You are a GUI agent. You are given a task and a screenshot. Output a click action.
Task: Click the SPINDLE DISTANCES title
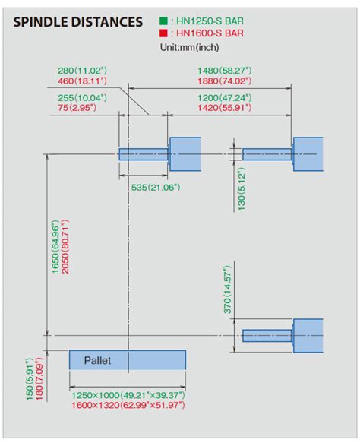(x=78, y=22)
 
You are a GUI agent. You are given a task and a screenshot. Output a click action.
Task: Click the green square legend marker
(x=163, y=21)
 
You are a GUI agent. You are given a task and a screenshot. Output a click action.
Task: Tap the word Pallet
(x=98, y=360)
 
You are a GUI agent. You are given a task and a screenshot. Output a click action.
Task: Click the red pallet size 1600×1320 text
(x=128, y=406)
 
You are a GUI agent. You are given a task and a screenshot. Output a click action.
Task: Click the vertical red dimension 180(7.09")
(x=39, y=379)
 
